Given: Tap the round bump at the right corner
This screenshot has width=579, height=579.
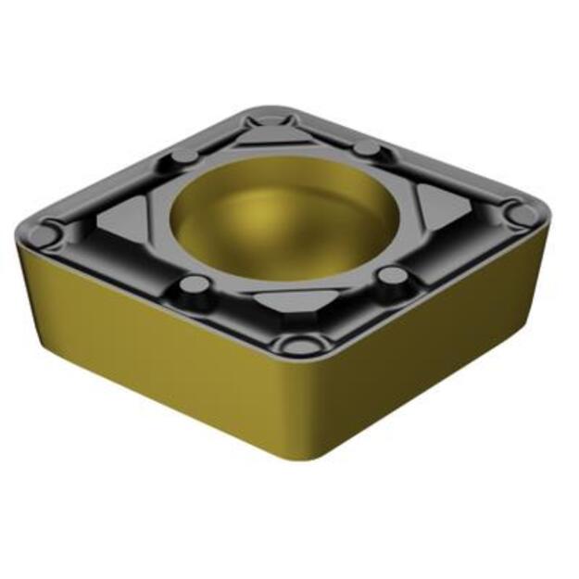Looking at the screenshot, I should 524,215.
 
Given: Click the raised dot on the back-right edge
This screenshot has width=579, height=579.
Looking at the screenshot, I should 367,149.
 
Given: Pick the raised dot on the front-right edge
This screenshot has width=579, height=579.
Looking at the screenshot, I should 394,275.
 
